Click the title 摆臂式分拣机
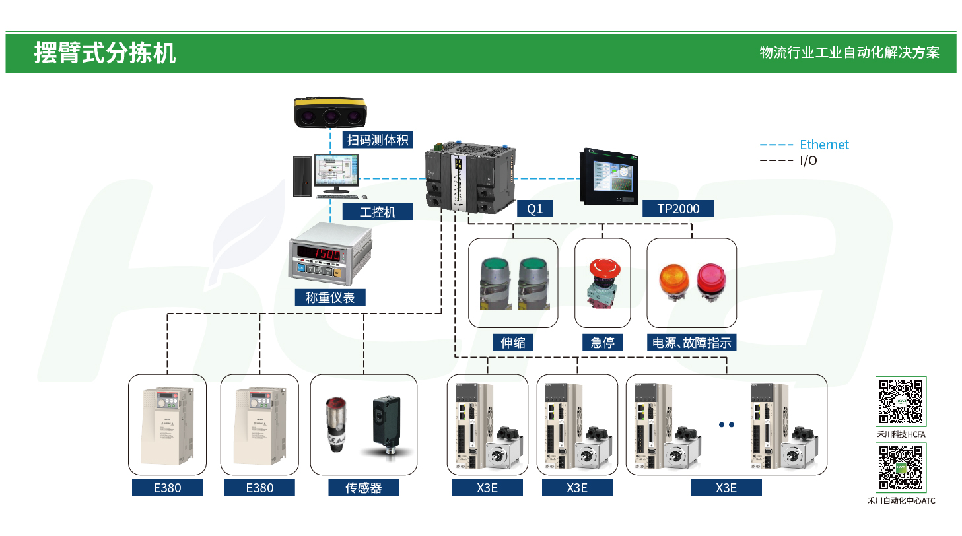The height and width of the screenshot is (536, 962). [104, 53]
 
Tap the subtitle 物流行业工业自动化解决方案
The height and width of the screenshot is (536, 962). [849, 53]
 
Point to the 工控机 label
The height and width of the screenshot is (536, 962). [378, 211]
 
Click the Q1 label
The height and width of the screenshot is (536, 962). [535, 209]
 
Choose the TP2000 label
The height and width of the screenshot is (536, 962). [677, 209]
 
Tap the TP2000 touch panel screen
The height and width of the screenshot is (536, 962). [607, 174]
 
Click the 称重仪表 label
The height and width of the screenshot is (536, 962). [330, 298]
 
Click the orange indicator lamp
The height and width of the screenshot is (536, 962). [673, 279]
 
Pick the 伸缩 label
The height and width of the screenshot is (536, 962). [513, 342]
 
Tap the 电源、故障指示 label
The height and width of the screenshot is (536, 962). [691, 342]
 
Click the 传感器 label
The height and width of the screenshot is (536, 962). [364, 488]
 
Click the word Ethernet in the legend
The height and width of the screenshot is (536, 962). [824, 145]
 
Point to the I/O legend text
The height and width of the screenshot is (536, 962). [808, 160]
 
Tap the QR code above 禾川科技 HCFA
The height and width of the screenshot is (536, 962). [901, 401]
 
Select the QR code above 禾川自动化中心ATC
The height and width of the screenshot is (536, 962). [901, 468]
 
